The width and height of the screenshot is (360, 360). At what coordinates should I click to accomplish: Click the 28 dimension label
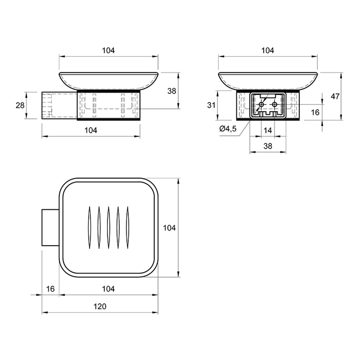tap(20, 105)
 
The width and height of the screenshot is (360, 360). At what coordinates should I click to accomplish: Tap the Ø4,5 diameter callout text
tap(228, 129)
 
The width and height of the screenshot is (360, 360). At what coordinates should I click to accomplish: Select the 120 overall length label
tap(100, 306)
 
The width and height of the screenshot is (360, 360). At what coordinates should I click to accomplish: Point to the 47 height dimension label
tap(335, 97)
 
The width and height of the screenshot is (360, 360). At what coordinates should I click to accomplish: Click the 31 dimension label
tap(211, 105)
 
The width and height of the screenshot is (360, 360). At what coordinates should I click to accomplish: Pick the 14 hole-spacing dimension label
tap(268, 130)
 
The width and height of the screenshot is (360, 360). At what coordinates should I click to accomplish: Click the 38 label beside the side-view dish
tap(172, 91)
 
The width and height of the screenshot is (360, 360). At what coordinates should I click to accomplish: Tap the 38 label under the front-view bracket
tap(268, 146)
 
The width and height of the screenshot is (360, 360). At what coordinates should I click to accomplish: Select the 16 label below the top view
tap(50, 289)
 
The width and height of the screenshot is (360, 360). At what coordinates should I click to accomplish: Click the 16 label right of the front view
tap(315, 112)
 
